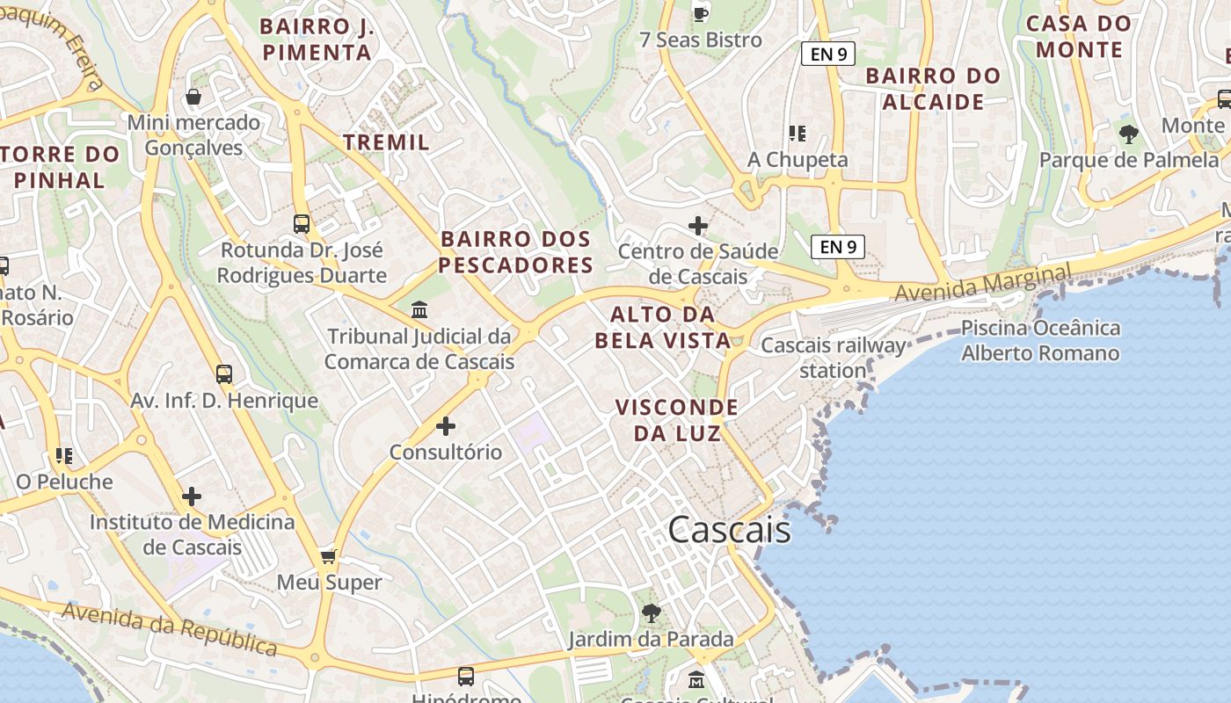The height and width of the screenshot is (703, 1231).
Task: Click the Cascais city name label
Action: pyautogui.click(x=729, y=530)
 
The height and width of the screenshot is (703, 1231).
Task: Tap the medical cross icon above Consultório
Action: pyautogui.click(x=446, y=427)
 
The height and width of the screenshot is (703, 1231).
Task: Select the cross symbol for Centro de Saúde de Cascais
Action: pyautogui.click(x=697, y=226)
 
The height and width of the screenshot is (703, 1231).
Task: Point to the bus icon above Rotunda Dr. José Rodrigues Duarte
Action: pyautogui.click(x=302, y=223)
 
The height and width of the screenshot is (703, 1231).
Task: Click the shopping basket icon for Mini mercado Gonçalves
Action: pyautogui.click(x=193, y=97)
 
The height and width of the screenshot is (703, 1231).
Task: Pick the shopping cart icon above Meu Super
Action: pyautogui.click(x=329, y=556)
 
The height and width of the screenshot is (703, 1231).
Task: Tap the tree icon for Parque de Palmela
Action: pyautogui.click(x=1129, y=134)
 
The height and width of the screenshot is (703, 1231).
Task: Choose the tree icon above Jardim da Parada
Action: pyautogui.click(x=651, y=612)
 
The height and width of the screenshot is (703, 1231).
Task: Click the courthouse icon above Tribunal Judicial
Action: pyautogui.click(x=419, y=310)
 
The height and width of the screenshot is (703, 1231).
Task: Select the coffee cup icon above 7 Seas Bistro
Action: pyautogui.click(x=700, y=14)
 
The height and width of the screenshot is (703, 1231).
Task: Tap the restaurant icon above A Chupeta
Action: pyautogui.click(x=798, y=134)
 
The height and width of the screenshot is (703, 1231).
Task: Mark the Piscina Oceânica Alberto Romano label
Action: pyautogui.click(x=1040, y=341)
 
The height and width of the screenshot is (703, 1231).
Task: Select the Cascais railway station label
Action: pyautogui.click(x=833, y=358)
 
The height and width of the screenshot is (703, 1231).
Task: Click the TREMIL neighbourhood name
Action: pyautogui.click(x=386, y=142)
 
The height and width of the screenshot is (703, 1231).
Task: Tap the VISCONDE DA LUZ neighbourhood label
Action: pyautogui.click(x=677, y=420)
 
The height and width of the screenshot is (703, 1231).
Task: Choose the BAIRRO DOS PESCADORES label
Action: pyautogui.click(x=516, y=252)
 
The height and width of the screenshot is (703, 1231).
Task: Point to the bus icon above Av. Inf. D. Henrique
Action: pyautogui.click(x=224, y=374)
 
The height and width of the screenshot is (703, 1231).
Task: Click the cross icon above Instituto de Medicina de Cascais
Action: pyautogui.click(x=192, y=496)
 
